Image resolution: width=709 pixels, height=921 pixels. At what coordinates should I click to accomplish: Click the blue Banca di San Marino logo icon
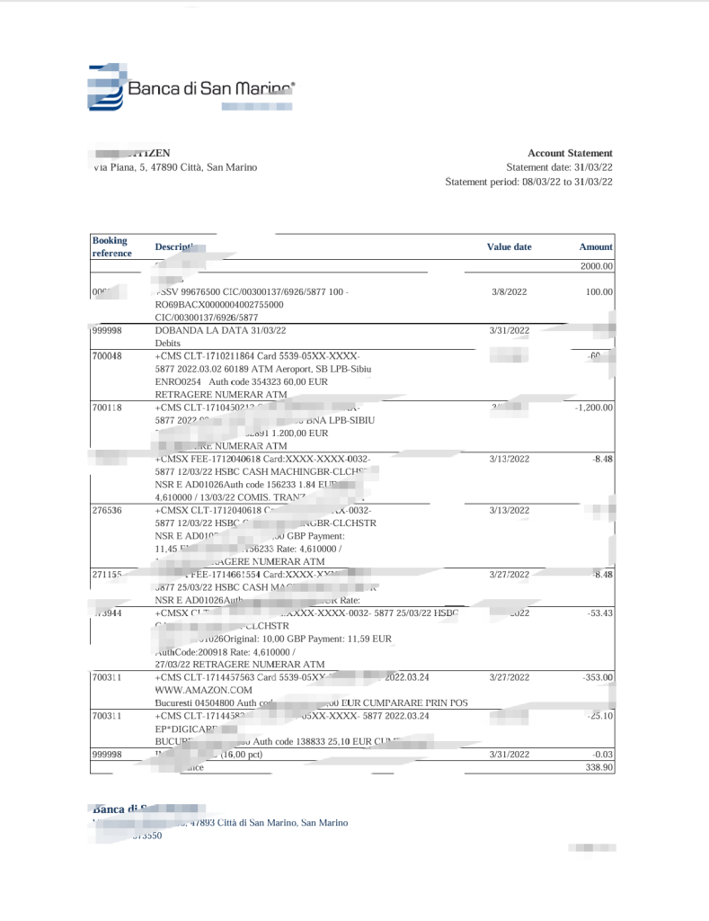click(105, 87)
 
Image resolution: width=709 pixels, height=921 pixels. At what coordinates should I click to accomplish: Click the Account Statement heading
click(570, 154)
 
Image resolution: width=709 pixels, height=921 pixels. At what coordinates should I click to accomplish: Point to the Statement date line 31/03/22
click(559, 167)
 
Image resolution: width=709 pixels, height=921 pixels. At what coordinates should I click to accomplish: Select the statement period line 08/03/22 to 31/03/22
click(528, 182)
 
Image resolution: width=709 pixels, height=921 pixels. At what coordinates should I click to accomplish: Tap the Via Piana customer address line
click(175, 167)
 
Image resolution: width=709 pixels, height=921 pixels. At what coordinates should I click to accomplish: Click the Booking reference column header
click(111, 246)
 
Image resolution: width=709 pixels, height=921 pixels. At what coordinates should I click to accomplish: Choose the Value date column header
click(509, 246)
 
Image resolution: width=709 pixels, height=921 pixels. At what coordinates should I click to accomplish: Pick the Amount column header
click(596, 246)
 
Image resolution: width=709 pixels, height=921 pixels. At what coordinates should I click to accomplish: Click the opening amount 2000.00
click(597, 266)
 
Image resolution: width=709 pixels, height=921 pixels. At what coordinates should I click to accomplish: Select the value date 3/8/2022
click(510, 291)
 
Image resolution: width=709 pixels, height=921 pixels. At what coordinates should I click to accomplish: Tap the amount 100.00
click(598, 291)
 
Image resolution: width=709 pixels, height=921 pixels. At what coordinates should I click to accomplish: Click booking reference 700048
click(107, 355)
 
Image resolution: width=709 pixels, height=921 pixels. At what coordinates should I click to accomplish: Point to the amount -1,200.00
click(594, 407)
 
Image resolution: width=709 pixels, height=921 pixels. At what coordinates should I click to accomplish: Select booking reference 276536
click(107, 510)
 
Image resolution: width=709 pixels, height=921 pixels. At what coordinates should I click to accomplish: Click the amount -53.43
click(598, 613)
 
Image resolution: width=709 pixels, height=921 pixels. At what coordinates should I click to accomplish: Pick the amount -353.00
click(596, 676)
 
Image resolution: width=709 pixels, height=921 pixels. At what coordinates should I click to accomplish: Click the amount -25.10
click(598, 716)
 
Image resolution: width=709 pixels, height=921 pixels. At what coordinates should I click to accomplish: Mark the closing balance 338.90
click(598, 767)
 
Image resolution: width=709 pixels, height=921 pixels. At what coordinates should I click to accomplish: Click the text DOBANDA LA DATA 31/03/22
click(212, 330)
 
